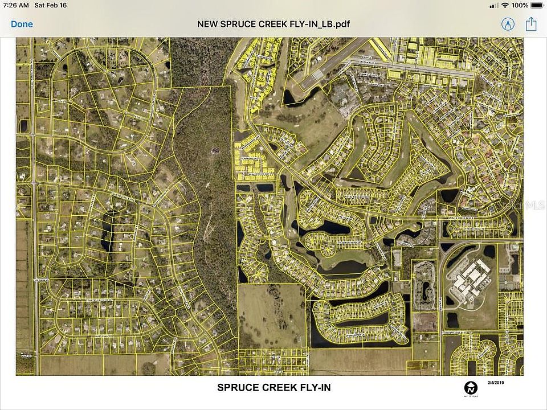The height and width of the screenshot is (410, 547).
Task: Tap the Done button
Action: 22,24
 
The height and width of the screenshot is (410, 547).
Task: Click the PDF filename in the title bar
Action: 273,24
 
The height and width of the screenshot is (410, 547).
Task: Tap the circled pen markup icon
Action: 507,24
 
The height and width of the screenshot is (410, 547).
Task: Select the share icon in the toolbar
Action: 531,24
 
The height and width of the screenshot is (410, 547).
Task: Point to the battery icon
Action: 537,5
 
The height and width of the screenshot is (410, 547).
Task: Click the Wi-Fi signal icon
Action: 505,5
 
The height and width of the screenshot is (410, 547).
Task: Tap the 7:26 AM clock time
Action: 16,5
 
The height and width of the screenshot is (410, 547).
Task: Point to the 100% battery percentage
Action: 519,5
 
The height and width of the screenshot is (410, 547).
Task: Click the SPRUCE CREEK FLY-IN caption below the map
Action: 273,388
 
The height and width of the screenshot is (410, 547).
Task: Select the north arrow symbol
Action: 471,388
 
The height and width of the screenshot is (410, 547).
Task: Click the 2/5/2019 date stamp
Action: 496,382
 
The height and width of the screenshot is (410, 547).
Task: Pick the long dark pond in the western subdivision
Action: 107,231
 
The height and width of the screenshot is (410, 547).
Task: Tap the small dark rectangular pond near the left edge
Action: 23,126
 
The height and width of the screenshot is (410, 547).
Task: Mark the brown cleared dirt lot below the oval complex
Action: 424,321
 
